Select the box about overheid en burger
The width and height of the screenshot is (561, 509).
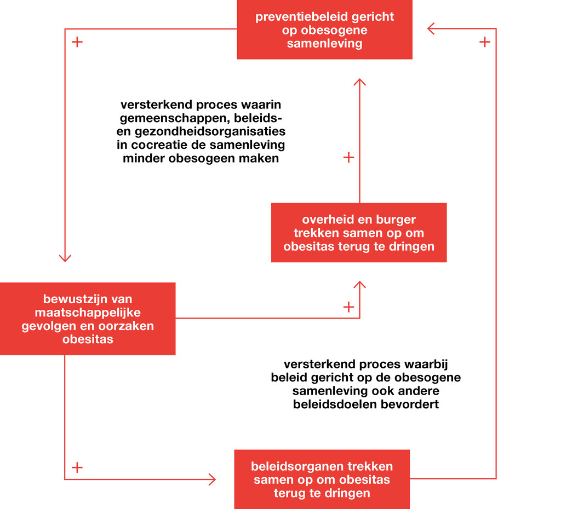pos(359,233)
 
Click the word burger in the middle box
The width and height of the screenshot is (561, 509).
pos(396,219)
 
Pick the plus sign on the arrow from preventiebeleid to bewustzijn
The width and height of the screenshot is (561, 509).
pos(77,42)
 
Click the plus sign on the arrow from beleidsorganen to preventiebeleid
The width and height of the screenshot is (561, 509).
pos(484,42)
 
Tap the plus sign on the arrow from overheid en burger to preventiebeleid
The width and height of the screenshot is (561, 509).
pos(348,158)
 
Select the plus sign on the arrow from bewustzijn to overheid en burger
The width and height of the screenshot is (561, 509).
pos(348,307)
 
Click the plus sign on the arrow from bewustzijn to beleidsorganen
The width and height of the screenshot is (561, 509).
pos(77,467)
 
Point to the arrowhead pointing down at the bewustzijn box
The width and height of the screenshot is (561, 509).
pos(65,257)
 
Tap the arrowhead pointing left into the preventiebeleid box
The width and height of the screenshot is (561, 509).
pos(432,28)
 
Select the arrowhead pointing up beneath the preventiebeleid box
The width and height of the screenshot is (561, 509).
pos(359,82)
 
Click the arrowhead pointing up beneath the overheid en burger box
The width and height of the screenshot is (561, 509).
pos(359,285)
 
